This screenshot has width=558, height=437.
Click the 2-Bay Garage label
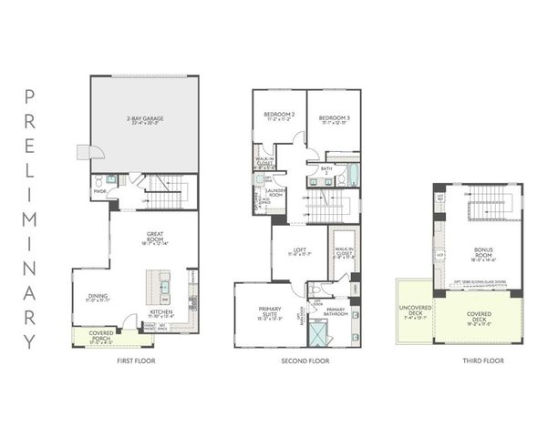[x=144, y=119]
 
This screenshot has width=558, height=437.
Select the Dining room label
[x=99, y=297]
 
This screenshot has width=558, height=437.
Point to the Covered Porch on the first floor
[x=100, y=340]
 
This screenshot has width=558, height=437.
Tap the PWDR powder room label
[x=99, y=191]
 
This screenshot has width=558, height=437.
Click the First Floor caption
[x=136, y=361]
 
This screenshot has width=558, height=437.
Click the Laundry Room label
[x=274, y=194]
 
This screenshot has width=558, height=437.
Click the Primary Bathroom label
[x=335, y=312]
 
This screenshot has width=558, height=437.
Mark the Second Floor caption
[x=305, y=361]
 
